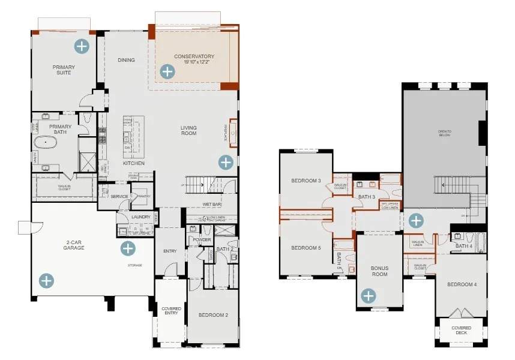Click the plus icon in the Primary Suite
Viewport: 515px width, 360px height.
point(81,46)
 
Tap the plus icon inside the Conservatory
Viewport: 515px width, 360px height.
point(167,72)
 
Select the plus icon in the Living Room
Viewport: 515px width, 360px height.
point(226,162)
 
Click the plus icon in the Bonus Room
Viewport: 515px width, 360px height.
point(369,295)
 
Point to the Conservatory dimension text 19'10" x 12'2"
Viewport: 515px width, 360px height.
point(194,62)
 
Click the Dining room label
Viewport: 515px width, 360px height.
point(126,60)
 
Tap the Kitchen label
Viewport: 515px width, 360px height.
point(134,163)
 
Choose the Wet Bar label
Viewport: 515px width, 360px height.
point(211,205)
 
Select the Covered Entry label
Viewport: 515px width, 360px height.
point(171,311)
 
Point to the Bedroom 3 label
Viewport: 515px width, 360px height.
point(306,181)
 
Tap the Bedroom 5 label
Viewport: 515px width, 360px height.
point(306,248)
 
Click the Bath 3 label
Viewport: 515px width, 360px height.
point(366,196)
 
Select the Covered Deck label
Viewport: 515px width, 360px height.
point(461,331)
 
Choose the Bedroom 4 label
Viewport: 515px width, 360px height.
point(462,284)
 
